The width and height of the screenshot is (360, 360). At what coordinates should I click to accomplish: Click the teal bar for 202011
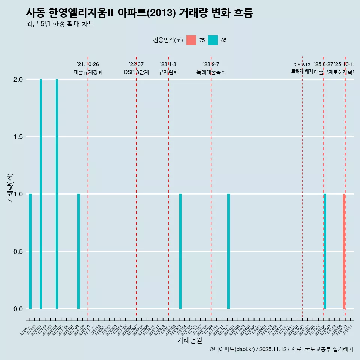(30, 251)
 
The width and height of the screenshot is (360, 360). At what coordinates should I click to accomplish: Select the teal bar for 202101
(41, 194)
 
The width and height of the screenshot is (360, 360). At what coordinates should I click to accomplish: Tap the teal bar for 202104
(57, 194)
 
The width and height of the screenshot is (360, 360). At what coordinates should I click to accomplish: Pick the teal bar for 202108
(78, 251)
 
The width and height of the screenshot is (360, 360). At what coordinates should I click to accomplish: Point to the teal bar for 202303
(180, 251)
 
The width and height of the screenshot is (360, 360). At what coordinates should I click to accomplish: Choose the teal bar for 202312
(228, 251)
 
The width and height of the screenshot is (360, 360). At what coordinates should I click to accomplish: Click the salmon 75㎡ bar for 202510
(344, 251)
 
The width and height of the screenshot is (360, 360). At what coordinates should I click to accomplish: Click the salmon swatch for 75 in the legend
(191, 40)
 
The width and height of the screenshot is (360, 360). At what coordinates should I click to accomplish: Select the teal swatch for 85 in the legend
(213, 40)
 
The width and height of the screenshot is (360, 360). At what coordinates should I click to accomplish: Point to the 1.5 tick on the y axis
(18, 137)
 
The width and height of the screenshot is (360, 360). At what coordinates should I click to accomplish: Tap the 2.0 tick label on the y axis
(18, 79)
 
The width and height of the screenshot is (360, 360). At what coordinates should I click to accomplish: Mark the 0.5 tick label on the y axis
(18, 252)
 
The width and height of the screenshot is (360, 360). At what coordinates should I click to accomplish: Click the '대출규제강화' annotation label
(88, 72)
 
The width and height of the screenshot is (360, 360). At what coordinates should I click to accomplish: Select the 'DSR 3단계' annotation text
(136, 72)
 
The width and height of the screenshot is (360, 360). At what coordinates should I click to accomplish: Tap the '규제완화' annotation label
(168, 72)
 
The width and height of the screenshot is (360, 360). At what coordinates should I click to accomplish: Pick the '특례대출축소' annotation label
(211, 72)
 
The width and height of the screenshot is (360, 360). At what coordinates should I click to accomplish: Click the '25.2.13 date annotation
(302, 65)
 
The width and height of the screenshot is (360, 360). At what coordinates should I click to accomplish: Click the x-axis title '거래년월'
(189, 340)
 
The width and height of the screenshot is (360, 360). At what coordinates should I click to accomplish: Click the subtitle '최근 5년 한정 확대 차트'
(60, 24)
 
